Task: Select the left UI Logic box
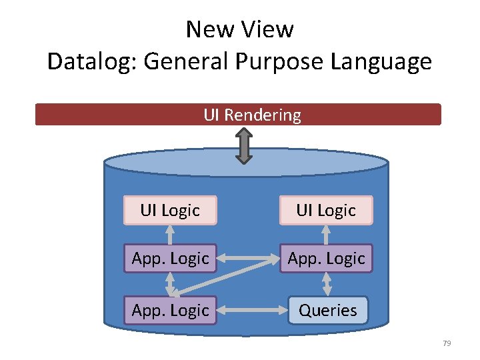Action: [x=170, y=210]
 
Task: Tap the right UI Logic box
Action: [x=326, y=210]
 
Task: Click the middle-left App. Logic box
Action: [x=170, y=258]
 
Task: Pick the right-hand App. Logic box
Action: [x=326, y=258]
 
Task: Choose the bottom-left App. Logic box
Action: [x=170, y=310]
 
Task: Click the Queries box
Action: [x=327, y=310]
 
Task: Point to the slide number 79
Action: [x=447, y=343]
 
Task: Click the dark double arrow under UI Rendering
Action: [x=245, y=145]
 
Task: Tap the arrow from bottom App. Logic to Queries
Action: [x=252, y=310]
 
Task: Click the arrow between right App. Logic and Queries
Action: [x=327, y=284]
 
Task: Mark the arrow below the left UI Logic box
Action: [x=170, y=234]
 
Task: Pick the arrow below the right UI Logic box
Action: [x=326, y=234]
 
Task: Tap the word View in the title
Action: [x=269, y=29]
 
